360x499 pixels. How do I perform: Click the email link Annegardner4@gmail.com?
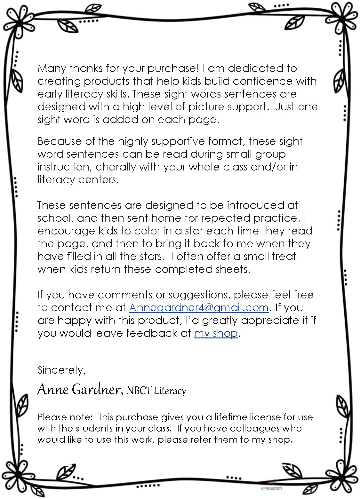tap(198, 308)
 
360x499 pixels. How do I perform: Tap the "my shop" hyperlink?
tap(216, 333)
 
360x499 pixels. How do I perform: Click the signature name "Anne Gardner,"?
tap(80, 390)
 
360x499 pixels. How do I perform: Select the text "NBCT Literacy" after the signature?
tap(156, 391)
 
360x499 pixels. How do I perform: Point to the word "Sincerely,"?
tap(62, 370)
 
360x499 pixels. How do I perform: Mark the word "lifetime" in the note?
tap(231, 417)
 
